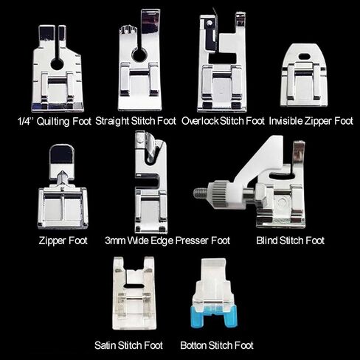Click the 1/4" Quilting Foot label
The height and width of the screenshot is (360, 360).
click(x=55, y=122)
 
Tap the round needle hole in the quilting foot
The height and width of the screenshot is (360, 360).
click(x=58, y=65)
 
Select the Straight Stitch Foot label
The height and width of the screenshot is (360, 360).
click(x=136, y=121)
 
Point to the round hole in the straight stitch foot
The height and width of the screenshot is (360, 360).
click(x=140, y=55)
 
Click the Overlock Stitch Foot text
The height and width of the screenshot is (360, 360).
click(x=223, y=121)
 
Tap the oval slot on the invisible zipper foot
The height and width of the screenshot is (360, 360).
click(x=305, y=56)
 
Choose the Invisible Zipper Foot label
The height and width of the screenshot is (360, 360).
click(x=311, y=121)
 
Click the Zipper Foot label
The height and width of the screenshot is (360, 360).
click(x=63, y=240)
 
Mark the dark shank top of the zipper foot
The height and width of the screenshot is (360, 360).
click(x=62, y=154)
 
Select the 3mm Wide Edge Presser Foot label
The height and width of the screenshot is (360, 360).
click(x=167, y=240)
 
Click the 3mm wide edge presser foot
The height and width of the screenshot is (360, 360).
click(x=151, y=182)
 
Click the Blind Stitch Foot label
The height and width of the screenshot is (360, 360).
click(x=291, y=240)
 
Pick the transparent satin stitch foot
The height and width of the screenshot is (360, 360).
click(x=134, y=293)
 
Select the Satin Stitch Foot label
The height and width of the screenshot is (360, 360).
click(x=128, y=345)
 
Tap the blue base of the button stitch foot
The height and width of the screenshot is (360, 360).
click(x=214, y=316)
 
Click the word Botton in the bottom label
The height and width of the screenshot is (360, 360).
click(x=193, y=345)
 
